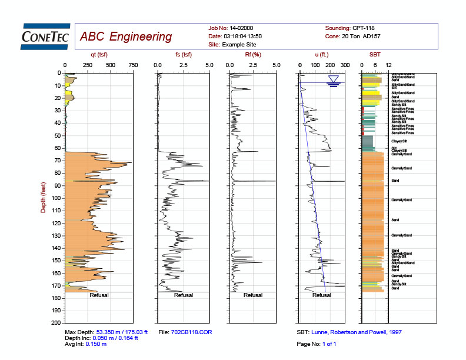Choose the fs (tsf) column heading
pos(184,55)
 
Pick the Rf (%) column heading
pos(252,55)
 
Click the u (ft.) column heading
pos(323,55)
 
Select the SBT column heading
pos(375,55)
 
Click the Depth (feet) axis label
pos(43,197)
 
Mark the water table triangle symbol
pos(334,79)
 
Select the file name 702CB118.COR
pos(191,332)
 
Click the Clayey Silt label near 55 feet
pos(400,142)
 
